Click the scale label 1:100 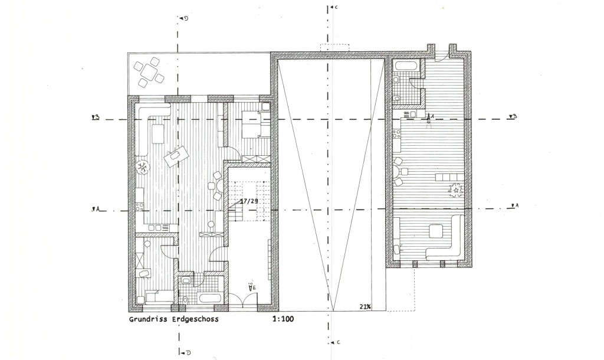pyautogui.click(x=283, y=320)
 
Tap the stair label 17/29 pyautogui.click(x=248, y=201)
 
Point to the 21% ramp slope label pyautogui.click(x=364, y=306)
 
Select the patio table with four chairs pyautogui.click(x=149, y=71)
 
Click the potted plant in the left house pyautogui.click(x=143, y=168)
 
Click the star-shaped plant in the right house pyautogui.click(x=457, y=190)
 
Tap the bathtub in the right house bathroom pyautogui.click(x=406, y=66)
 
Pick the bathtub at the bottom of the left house pyautogui.click(x=209, y=299)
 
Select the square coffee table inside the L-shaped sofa pyautogui.click(x=438, y=231)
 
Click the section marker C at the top pyautogui.click(x=334, y=7)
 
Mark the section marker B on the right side pyautogui.click(x=513, y=116)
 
